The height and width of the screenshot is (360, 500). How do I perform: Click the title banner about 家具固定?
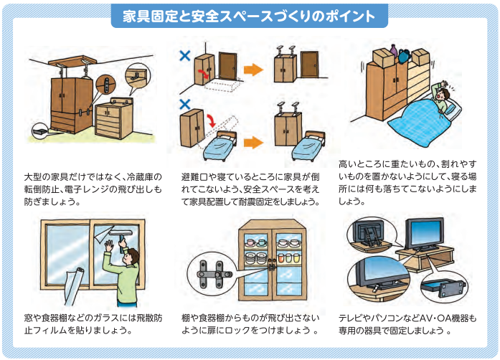[249, 16]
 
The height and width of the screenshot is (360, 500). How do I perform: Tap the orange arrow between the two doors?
[253, 70]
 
